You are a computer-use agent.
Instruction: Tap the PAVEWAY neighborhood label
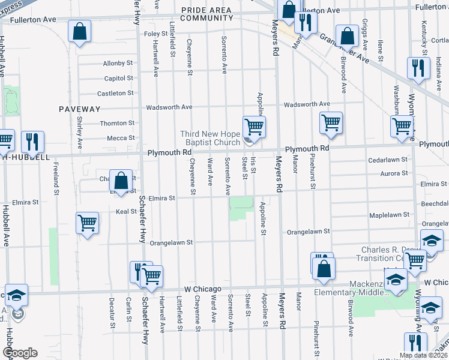(79, 109)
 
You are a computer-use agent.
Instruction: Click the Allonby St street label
(118, 63)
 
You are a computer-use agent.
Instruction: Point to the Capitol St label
(118, 78)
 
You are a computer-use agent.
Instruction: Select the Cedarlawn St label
(388, 160)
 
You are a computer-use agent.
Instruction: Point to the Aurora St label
(394, 173)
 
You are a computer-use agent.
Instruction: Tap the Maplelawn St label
(389, 214)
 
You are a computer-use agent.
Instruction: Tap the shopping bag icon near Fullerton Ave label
(79, 31)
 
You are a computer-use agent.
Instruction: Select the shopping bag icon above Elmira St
(121, 181)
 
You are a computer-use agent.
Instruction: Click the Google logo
(20, 353)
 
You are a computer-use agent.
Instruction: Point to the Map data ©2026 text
(423, 355)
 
